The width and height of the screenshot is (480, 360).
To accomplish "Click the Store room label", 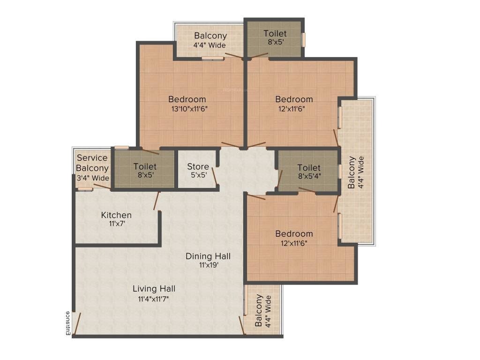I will tap(198, 166).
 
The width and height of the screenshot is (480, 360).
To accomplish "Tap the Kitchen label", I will tap(116, 215).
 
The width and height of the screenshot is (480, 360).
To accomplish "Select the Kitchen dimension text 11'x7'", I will tap(116, 224).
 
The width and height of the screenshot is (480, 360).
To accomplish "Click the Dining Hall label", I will tap(208, 256).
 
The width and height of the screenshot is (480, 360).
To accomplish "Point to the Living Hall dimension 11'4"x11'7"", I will tap(153, 298).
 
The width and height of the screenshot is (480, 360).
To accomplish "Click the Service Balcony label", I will tap(93, 163).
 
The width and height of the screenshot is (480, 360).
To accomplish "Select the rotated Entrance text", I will tap(67, 323).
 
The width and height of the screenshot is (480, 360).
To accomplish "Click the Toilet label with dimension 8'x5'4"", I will tap(309, 167).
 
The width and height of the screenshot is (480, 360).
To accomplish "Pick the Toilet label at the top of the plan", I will tap(275, 33).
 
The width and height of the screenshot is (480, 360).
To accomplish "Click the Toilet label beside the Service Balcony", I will tap(145, 166).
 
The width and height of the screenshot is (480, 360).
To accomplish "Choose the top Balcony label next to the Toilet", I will tap(210, 36).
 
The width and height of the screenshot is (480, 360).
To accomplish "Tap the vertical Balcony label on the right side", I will tap(352, 172).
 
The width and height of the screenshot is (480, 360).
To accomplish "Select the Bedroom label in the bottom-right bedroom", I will tap(294, 234).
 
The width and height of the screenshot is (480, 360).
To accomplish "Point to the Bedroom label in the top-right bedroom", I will tap(294, 99).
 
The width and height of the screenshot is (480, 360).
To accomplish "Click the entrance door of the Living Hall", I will tap(78, 324).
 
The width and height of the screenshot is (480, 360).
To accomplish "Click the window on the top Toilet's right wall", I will tap(303, 39).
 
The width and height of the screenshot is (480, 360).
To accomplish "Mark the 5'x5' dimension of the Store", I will tap(198, 175).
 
